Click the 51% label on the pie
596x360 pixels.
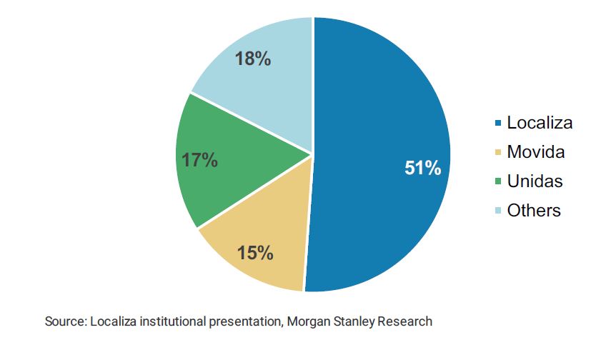pos(422,169)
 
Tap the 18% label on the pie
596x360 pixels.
pos(253,59)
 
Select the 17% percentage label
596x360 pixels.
pos(199,160)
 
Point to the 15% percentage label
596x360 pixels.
pos(255,252)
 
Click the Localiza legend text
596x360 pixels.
pos(540,123)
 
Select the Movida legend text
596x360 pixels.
pos(535,152)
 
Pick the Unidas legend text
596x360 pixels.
pos(535,181)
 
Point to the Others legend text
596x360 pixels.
pos(534,211)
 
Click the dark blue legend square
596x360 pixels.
pos(497,124)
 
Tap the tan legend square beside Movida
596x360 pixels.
pos(497,153)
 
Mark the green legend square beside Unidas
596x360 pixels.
pos(497,182)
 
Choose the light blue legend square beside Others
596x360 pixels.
pos(497,211)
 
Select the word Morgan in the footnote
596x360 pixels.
pos(307,321)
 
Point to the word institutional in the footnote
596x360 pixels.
pos(171,321)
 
